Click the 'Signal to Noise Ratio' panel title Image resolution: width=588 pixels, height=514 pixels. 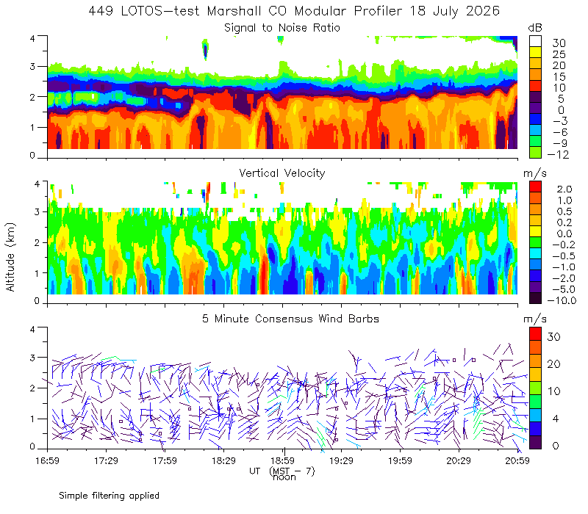pos(282,28)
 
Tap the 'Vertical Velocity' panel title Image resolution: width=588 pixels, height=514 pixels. pos(282,173)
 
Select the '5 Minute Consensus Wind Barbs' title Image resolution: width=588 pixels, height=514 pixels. pos(290,319)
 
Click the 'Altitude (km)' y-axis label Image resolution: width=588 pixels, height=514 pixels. pos(10,257)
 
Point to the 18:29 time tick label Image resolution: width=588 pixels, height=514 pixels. pos(223,460)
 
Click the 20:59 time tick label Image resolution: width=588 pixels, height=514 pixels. pos(517,460)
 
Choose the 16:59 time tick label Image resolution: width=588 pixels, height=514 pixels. pos(47,460)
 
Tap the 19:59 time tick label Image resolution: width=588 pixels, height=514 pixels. pos(400,460)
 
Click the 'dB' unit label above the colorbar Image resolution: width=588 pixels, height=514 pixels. pos(535,28)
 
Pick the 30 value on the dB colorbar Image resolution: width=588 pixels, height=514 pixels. pos(559,43)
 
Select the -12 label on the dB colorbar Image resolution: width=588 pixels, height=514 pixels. pos(558,154)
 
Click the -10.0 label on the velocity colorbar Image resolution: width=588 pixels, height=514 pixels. pos(562,300)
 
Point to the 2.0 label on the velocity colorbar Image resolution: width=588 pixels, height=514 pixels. pos(564,189)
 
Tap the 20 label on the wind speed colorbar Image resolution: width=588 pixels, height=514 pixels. pos(554,363)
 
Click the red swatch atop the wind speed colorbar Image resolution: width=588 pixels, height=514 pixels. pos(535,334)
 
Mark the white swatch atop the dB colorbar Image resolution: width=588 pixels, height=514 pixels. pos(535,41)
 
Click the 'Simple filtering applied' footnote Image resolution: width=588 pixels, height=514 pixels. pos(109,496)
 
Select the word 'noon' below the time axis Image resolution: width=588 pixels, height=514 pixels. pos(284,477)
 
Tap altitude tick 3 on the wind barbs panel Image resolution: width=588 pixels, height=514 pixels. pos(32,358)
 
